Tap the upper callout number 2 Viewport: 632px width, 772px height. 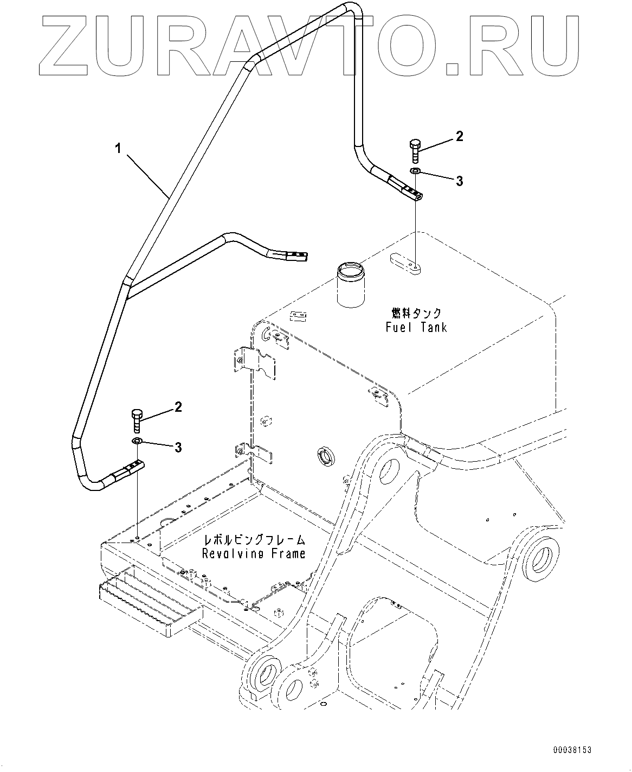click(x=459, y=137)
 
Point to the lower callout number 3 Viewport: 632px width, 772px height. click(x=177, y=448)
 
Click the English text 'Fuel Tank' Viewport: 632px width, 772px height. click(x=416, y=327)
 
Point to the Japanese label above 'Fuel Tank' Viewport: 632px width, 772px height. click(x=416, y=314)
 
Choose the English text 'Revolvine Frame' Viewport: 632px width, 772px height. click(x=254, y=554)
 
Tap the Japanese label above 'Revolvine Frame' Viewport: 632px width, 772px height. click(x=254, y=540)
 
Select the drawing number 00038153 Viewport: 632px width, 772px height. click(x=572, y=750)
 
